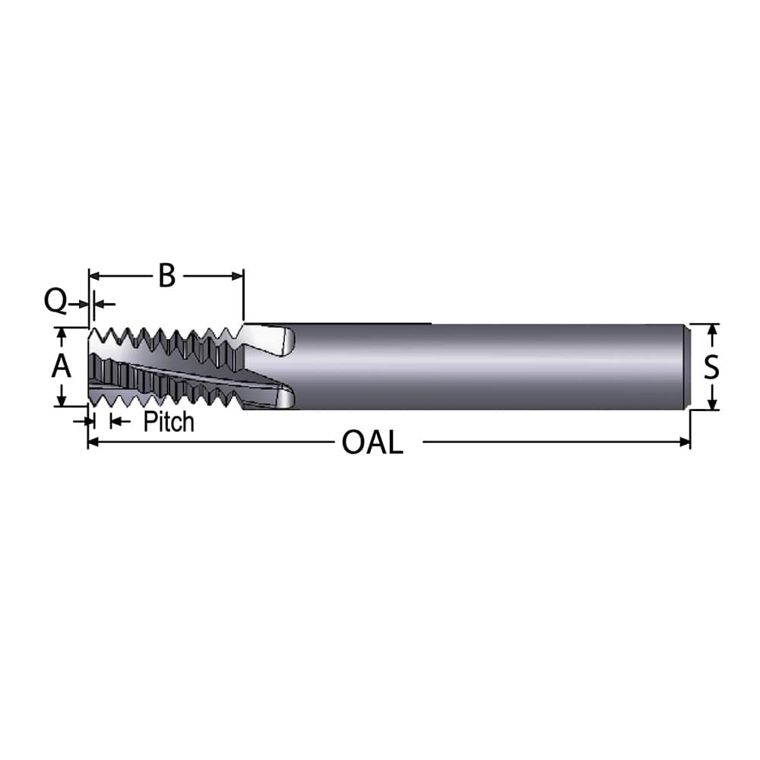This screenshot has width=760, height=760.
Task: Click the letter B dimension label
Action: [166, 276]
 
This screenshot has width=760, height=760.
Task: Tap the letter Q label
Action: [55, 302]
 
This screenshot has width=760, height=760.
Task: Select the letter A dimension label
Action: [61, 367]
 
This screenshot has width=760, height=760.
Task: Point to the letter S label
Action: [711, 367]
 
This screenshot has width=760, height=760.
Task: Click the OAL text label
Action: [372, 442]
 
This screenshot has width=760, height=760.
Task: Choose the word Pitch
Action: [169, 421]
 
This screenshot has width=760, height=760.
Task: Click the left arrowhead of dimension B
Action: [94, 276]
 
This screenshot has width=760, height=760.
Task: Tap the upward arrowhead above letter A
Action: [62, 333]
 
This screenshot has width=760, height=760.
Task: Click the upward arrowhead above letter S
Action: [712, 329]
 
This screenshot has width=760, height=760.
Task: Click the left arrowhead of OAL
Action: [93, 442]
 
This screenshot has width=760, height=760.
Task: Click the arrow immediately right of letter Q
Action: [84, 304]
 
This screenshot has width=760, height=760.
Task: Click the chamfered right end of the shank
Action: [688, 367]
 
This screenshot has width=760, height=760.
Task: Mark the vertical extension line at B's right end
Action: [243, 296]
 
